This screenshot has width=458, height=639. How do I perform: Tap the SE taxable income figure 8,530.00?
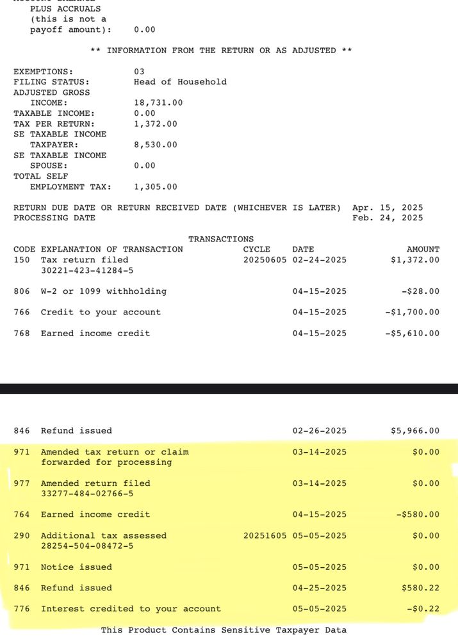click(x=156, y=145)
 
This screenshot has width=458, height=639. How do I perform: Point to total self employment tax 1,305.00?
click(x=156, y=187)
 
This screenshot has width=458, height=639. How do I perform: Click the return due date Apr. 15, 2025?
click(x=388, y=207)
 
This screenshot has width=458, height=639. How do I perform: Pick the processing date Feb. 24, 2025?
click(x=388, y=218)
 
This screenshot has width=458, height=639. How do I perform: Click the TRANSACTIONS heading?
click(x=221, y=239)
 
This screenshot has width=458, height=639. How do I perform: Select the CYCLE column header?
click(x=257, y=249)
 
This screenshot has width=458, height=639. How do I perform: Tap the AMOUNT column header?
click(x=423, y=249)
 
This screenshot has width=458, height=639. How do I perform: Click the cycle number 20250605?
click(x=265, y=260)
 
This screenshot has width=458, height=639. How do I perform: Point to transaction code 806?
click(x=22, y=291)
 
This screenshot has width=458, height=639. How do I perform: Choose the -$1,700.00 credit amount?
click(x=413, y=312)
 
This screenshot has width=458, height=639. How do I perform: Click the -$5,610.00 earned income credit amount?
click(x=413, y=334)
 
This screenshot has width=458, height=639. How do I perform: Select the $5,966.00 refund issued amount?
click(x=415, y=431)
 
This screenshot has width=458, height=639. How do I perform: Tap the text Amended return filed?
click(x=95, y=483)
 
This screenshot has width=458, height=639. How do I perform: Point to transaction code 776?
click(x=22, y=609)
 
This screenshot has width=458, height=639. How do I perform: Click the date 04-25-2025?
click(x=320, y=588)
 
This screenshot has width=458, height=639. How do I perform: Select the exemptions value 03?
click(x=139, y=71)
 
